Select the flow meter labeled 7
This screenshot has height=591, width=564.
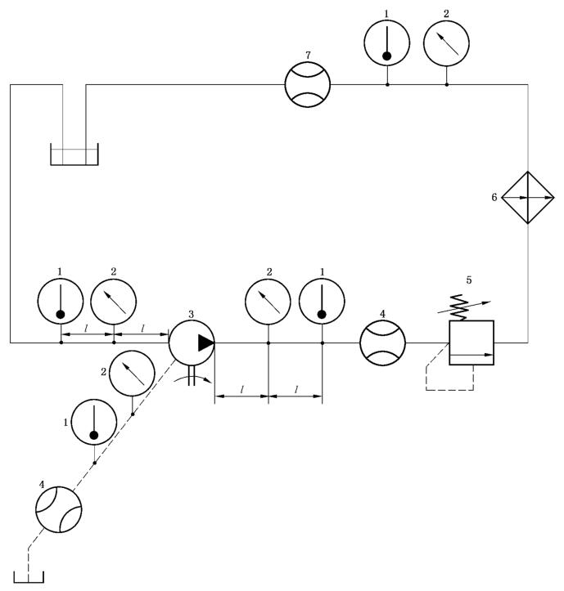tap(308, 84)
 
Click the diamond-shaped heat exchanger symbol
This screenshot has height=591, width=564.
tap(527, 197)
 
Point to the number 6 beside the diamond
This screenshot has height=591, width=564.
tap(494, 197)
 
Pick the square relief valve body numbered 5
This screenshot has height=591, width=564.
tap(472, 343)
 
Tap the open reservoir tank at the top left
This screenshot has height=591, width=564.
tap(74, 155)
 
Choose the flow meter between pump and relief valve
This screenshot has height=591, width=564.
tap(383, 343)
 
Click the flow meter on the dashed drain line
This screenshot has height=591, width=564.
tap(59, 511)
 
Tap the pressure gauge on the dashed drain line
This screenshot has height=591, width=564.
tap(132, 372)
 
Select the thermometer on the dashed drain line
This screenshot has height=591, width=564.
tap(94, 423)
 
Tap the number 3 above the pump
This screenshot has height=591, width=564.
tap(192, 314)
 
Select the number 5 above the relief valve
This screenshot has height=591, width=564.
tap(468, 280)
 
